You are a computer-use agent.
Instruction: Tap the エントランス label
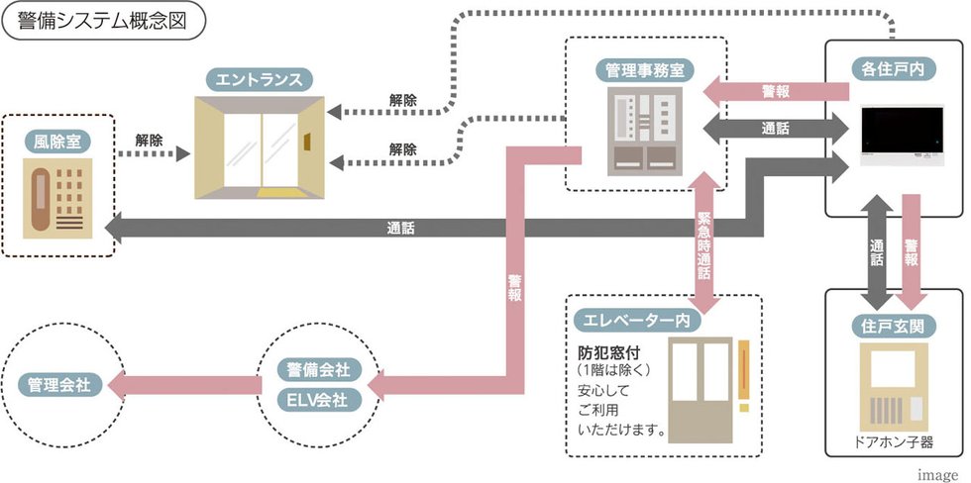tap(262, 78)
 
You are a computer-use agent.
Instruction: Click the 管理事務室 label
tap(645, 71)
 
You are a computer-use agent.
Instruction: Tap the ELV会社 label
tap(317, 402)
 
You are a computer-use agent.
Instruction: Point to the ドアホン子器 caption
tap(894, 441)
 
